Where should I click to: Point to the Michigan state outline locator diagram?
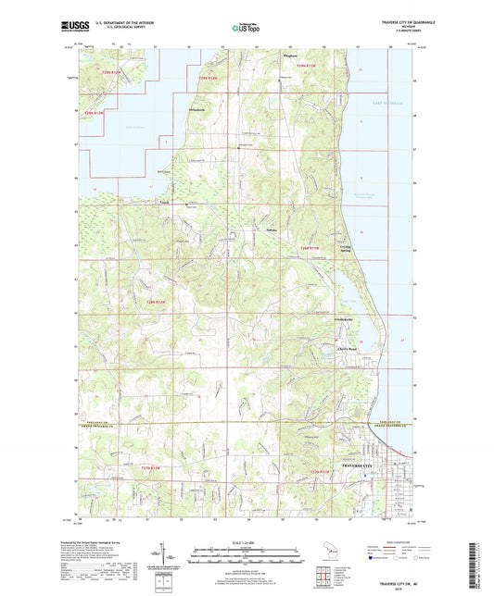pyautogui.click(x=325, y=561)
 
